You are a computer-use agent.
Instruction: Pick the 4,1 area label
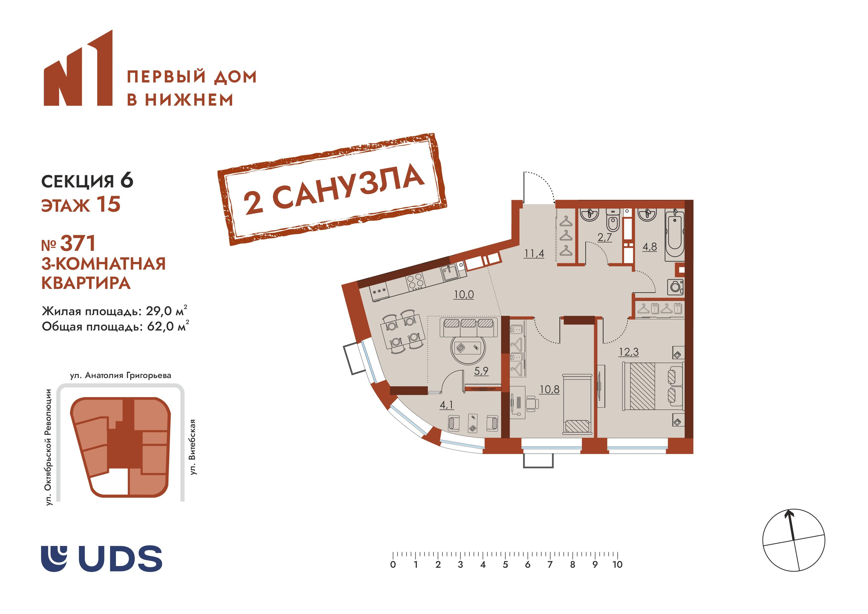coord(446,405)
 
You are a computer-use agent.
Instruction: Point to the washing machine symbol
coord(675,287)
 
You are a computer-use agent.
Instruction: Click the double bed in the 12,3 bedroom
coord(652,386)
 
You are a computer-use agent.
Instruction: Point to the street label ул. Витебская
coord(193,446)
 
